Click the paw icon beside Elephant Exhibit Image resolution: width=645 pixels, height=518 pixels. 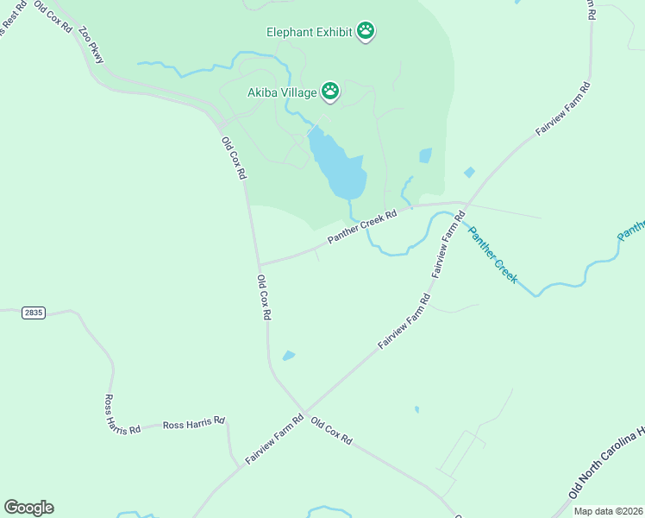[366, 32]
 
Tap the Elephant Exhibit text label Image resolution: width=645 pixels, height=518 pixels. [310, 32]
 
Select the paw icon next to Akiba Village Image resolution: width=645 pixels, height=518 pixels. [330, 90]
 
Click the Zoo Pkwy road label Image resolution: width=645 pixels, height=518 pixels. [91, 45]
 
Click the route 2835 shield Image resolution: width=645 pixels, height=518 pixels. [33, 312]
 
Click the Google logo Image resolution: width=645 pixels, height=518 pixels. [28, 507]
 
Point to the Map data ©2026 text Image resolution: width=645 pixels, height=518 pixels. [608, 511]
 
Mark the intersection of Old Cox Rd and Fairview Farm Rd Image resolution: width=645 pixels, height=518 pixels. [304, 411]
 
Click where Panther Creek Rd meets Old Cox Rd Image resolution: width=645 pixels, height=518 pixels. [258, 265]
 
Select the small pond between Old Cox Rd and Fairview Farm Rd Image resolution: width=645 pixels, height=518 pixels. [288, 355]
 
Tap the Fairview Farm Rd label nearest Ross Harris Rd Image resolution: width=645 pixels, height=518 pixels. [274, 439]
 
